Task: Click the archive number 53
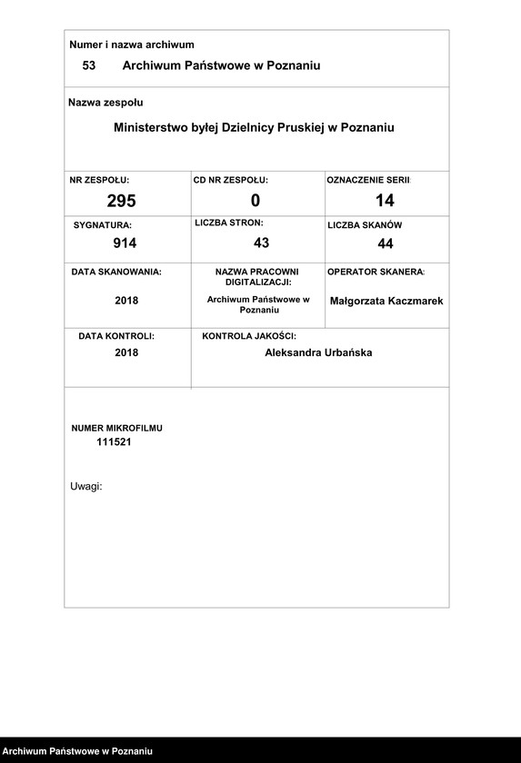[88, 65]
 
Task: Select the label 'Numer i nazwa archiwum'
[132, 45]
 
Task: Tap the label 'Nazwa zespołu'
[105, 103]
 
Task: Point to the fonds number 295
[121, 201]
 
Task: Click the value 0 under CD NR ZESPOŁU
[255, 200]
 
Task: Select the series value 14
[385, 200]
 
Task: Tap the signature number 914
[125, 243]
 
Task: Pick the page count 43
[261, 243]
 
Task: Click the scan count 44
[386, 243]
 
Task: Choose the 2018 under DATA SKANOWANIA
[126, 301]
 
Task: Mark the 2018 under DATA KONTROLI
[126, 352]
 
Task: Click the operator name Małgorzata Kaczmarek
[386, 301]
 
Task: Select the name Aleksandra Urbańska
[318, 352]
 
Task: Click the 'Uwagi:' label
[86, 486]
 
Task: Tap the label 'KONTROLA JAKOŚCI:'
[249, 336]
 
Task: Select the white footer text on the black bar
[78, 751]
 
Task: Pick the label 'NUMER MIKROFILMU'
[117, 427]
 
